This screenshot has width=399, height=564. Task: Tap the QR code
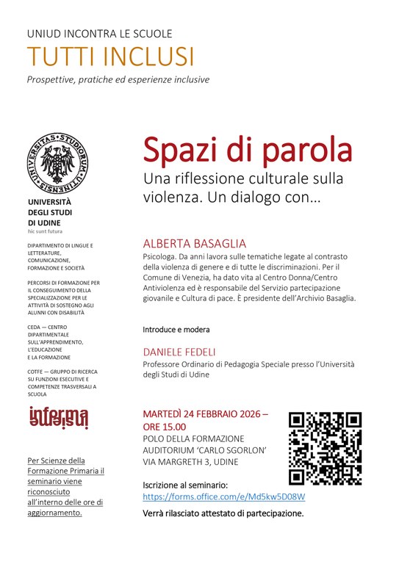(325, 448)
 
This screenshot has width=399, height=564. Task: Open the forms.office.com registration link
(224, 497)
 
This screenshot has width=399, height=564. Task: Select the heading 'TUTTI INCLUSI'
(111, 57)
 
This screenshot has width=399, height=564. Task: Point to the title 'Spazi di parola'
(248, 151)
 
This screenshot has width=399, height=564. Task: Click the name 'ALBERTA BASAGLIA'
(194, 243)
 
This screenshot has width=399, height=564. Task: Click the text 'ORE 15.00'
(165, 426)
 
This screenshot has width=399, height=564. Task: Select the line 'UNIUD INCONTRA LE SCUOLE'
(100, 33)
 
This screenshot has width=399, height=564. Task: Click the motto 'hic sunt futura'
(46, 231)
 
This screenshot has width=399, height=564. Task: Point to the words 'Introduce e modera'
(176, 329)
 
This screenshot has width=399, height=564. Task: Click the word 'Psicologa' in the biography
(160, 257)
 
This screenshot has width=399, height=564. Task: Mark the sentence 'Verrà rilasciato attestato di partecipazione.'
(223, 513)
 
